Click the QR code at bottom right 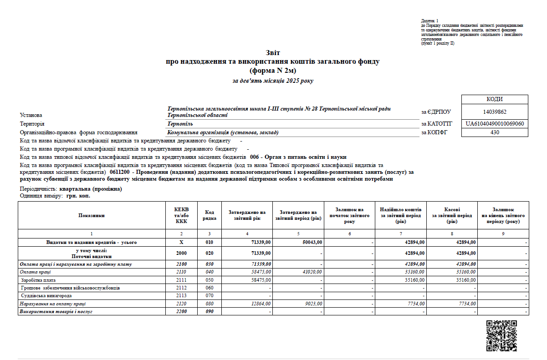[x=501, y=336]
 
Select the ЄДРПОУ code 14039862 [x=495, y=112]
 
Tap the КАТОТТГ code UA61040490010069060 [x=495, y=124]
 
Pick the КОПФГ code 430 [x=495, y=132]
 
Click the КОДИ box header [x=495, y=99]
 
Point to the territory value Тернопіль [x=180, y=124]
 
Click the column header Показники [x=91, y=215]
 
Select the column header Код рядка [x=210, y=215]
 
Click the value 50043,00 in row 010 [x=313, y=242]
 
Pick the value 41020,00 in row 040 [x=313, y=272]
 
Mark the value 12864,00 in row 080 [x=261, y=304]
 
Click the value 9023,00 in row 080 [x=314, y=304]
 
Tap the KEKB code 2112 [x=181, y=288]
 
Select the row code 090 [x=210, y=312]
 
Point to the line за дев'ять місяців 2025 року [x=273, y=81]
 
